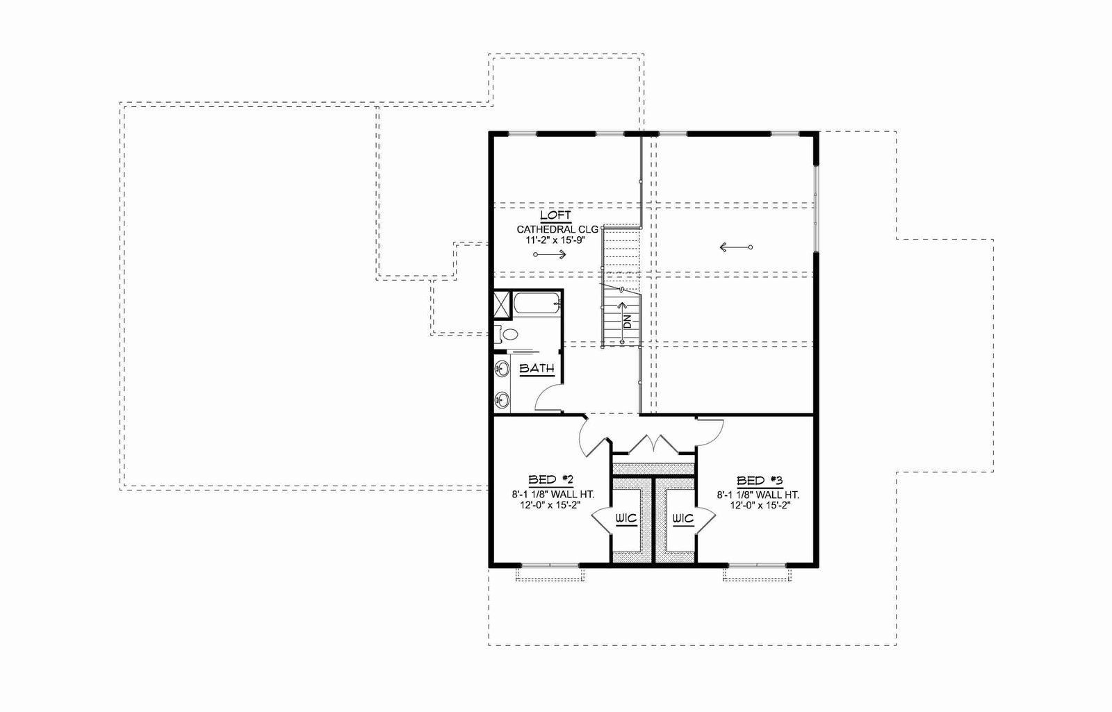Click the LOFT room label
[555, 215]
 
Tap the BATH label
[537, 369]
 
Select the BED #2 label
[550, 480]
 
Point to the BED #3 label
[760, 480]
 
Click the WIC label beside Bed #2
[626, 519]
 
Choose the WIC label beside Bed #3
[683, 519]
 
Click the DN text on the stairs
[628, 322]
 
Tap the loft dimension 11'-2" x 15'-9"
[556, 240]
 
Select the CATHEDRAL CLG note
[557, 230]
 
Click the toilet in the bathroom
[505, 334]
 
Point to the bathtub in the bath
[537, 303]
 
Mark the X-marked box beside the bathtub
[502, 304]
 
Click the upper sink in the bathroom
[502, 369]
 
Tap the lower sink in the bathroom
[502, 399]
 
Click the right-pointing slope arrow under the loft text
[550, 254]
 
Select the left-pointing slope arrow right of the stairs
[736, 247]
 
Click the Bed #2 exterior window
[550, 565]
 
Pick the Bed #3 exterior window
[757, 565]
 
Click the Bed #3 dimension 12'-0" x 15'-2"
[760, 506]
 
